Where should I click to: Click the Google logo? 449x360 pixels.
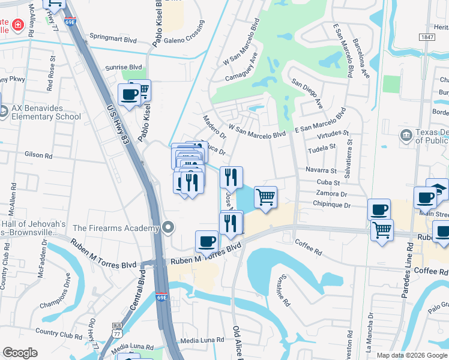[x=20, y=353]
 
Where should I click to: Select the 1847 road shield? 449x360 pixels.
[x=427, y=37]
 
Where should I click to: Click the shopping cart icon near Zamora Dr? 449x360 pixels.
[x=265, y=196]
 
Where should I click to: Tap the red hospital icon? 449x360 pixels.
[x=18, y=25]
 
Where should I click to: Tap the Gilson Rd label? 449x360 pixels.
[x=38, y=155]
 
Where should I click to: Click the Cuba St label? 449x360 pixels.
[x=328, y=182]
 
